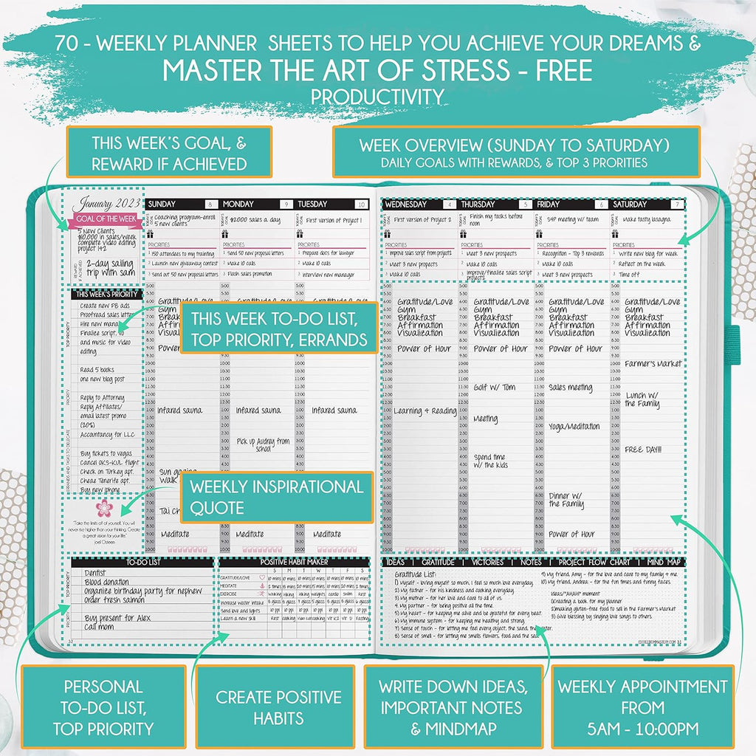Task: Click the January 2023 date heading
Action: point(103,203)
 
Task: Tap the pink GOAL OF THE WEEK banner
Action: point(103,219)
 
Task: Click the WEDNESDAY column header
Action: point(406,204)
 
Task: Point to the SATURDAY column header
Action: point(630,204)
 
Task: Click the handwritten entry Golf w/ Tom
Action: point(495,388)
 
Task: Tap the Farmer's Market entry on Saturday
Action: point(653,364)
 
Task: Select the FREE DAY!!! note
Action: point(643,449)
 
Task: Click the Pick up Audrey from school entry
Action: point(263,444)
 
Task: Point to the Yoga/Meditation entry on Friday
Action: point(574,427)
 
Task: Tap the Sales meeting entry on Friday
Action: point(570,388)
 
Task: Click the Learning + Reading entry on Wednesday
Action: point(425,411)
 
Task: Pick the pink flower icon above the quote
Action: point(104,508)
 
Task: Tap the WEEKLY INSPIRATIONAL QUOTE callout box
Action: point(277,497)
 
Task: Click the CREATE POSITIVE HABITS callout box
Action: point(278,707)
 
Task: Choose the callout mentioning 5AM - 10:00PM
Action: point(642,707)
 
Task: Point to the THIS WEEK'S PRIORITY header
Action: point(105,294)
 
